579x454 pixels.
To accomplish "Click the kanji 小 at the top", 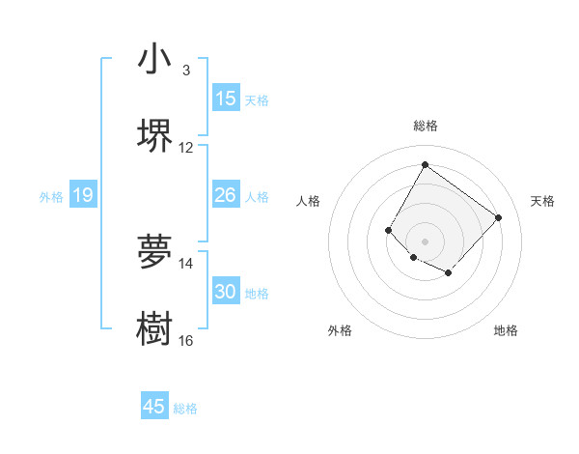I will tap(154, 59).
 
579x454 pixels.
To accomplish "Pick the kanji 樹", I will tap(154, 327).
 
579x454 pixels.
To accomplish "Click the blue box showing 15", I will tap(226, 99).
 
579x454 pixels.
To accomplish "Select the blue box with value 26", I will tap(226, 195).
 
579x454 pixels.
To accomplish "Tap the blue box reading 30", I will tap(226, 292).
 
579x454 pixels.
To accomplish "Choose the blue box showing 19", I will tap(83, 195).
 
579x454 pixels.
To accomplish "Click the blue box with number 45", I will tap(154, 407).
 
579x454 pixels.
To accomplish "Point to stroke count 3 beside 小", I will tap(185, 71).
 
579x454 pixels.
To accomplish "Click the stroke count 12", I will tap(186, 148).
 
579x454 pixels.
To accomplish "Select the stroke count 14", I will tap(186, 263).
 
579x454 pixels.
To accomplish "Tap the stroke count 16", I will tap(186, 340).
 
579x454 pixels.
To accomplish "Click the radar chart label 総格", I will tap(425, 126).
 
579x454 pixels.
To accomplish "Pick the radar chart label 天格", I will tap(542, 201).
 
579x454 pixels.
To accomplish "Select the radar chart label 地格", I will tap(506, 330).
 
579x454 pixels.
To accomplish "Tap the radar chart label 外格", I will tap(340, 330).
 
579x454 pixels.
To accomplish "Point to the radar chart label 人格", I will tap(309, 201).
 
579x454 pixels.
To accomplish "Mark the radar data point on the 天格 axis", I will tap(498, 217).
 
